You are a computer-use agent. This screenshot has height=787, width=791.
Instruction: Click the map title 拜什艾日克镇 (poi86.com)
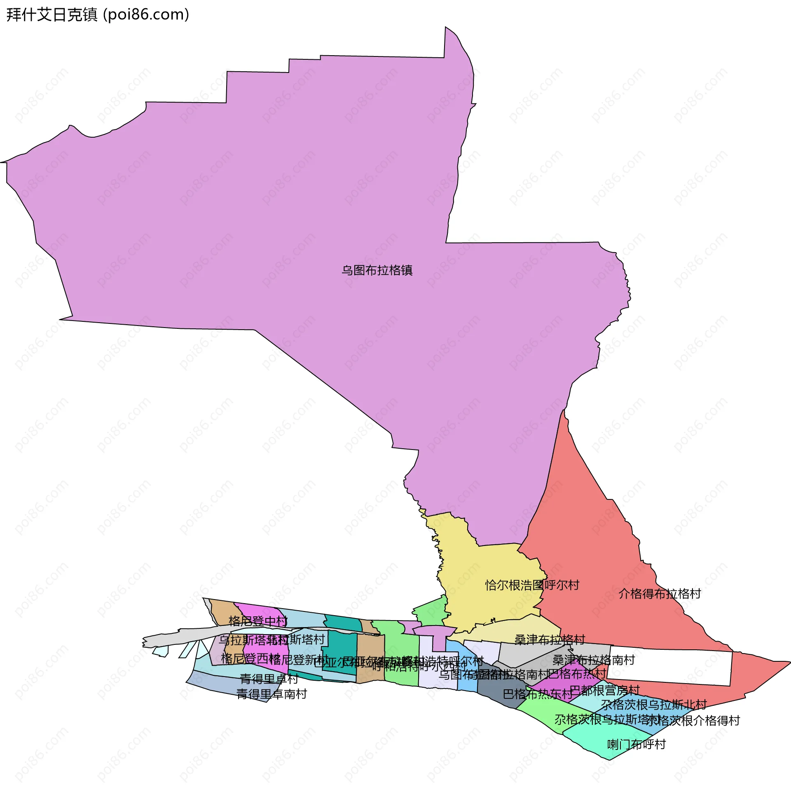tap(98, 15)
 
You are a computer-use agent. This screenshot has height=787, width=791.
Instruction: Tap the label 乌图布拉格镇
tap(377, 270)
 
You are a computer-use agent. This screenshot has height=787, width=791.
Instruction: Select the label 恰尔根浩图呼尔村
tap(532, 585)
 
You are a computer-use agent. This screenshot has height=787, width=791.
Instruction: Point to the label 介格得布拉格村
tap(660, 594)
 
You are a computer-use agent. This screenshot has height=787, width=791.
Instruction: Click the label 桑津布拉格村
tap(550, 639)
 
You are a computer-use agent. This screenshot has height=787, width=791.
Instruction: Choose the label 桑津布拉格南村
tap(593, 660)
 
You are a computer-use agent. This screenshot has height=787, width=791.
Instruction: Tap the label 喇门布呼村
tap(637, 744)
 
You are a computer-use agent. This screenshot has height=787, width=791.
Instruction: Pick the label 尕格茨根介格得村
tap(693, 720)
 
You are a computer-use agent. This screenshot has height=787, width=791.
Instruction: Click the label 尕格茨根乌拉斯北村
tap(654, 705)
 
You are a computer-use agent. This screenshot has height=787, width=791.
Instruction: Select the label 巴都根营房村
tap(604, 690)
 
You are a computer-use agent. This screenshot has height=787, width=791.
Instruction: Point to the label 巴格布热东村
tap(538, 694)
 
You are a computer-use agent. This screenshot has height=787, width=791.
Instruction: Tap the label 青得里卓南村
tap(271, 694)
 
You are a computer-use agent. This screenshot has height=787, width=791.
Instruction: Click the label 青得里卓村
tap(269, 679)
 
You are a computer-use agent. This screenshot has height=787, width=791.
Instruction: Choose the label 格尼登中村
tap(258, 621)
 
